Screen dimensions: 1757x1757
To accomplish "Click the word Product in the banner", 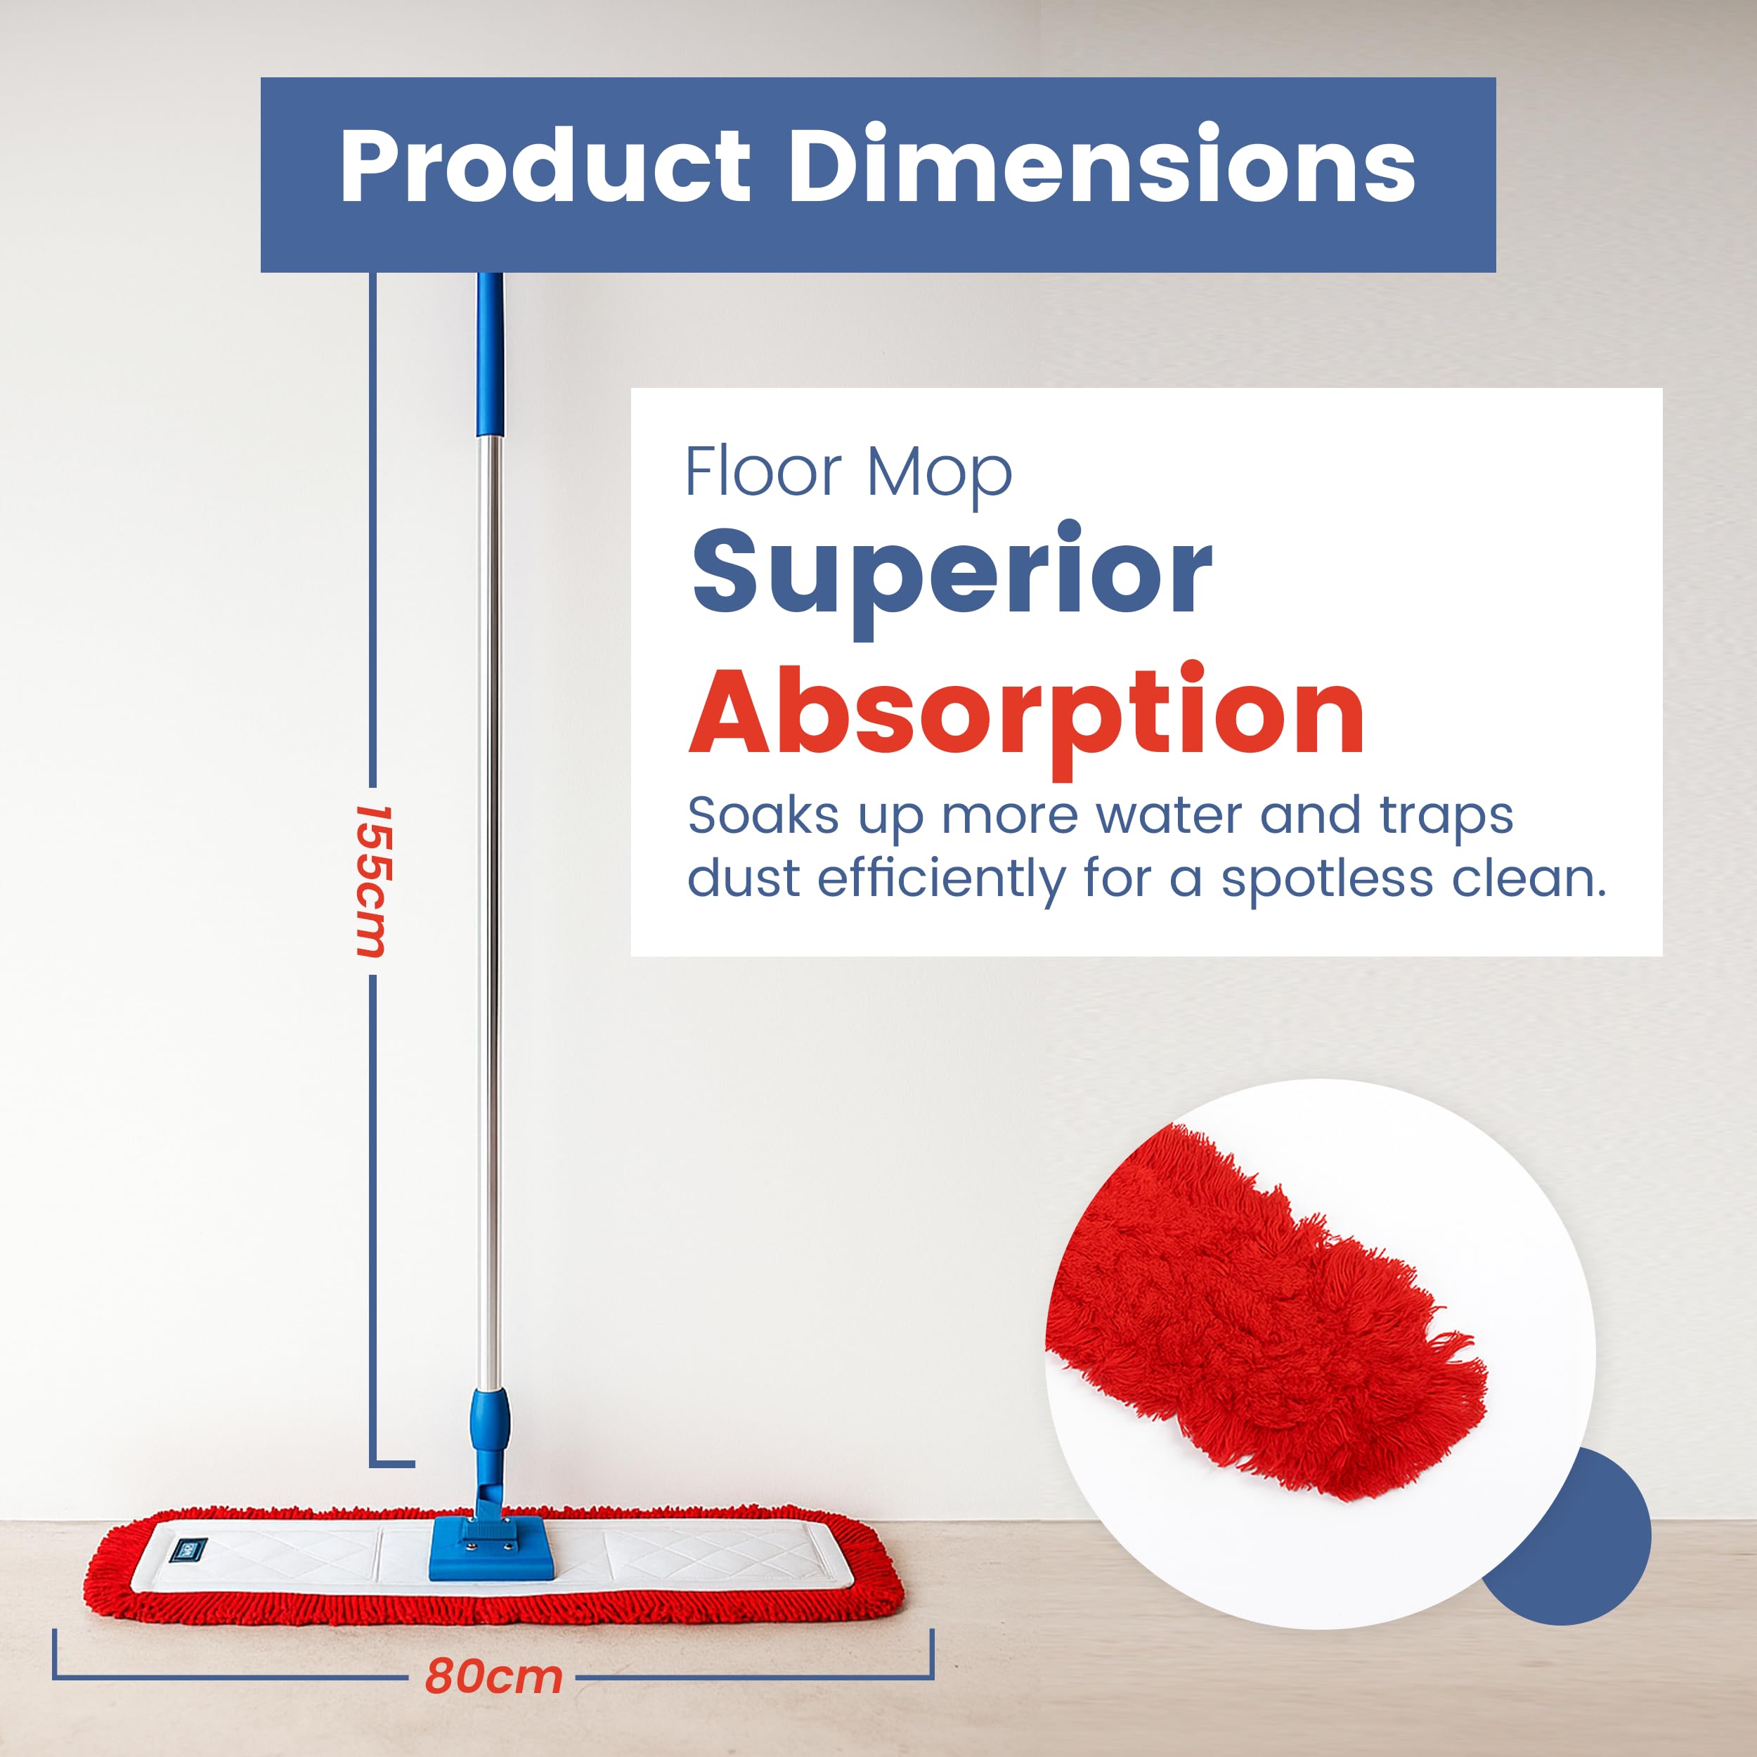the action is click(545, 167).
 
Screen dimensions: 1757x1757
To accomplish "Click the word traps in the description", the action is click(1446, 817).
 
